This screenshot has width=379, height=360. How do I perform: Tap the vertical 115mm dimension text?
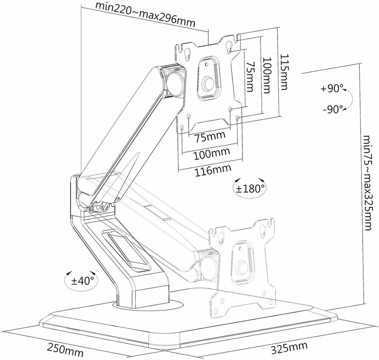point(285,72)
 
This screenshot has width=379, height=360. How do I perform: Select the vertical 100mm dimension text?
point(267,76)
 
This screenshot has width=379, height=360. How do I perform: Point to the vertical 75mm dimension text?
point(250,77)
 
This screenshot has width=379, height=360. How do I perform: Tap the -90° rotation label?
point(332,109)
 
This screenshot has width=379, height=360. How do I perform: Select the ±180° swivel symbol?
point(250,188)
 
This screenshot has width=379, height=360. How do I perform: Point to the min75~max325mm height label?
point(367,182)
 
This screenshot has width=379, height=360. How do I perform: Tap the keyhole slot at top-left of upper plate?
point(187,53)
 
